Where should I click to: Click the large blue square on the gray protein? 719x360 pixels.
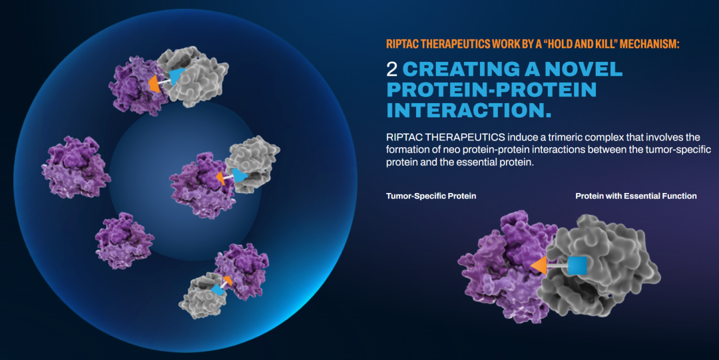pos(577,266)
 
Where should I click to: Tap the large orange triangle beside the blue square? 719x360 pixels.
pos(540,266)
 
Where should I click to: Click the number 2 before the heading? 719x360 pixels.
pos(391,69)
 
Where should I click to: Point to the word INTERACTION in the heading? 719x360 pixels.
pos(469,110)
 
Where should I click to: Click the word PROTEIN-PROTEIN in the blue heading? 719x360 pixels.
pos(491,89)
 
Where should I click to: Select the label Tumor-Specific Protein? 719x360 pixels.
pos(431,196)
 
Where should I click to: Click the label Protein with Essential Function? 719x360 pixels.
pos(636,196)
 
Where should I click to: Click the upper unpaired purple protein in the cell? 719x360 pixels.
pos(76,167)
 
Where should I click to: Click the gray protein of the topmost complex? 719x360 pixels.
pos(195,76)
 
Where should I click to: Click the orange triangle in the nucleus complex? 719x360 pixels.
pos(221,178)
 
